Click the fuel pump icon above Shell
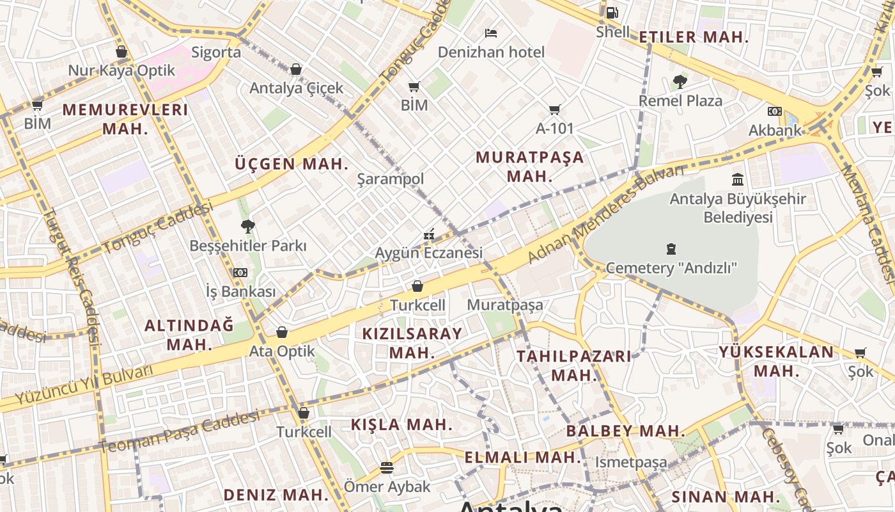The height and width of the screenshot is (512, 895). click(x=612, y=12)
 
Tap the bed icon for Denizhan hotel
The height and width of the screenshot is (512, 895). click(x=491, y=33)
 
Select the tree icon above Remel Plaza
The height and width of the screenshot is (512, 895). click(x=680, y=81)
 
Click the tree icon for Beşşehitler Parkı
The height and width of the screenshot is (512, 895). click(x=247, y=226)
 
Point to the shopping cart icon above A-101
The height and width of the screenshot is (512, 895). click(x=554, y=110)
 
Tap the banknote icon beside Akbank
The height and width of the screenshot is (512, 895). click(x=775, y=111)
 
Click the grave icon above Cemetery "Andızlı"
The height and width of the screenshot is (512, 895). click(x=671, y=248)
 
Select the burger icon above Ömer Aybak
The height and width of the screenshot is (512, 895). click(x=387, y=468)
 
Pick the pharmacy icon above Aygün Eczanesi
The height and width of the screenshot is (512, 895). click(x=429, y=235)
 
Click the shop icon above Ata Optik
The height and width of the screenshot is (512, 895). click(x=282, y=332)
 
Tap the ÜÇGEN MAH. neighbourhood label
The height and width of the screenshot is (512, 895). click(x=292, y=164)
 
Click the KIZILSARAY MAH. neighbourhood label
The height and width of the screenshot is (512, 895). click(x=412, y=343)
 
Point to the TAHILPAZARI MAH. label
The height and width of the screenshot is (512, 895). click(x=574, y=365)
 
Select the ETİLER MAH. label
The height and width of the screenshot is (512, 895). click(x=694, y=37)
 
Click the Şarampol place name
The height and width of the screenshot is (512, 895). click(x=390, y=179)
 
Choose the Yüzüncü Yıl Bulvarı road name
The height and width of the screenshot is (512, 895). click(x=84, y=384)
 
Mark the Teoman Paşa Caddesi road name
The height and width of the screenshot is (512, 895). click(x=179, y=433)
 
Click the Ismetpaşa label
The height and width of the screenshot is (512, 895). click(x=631, y=462)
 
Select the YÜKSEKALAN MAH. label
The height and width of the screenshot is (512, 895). click(x=776, y=361)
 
